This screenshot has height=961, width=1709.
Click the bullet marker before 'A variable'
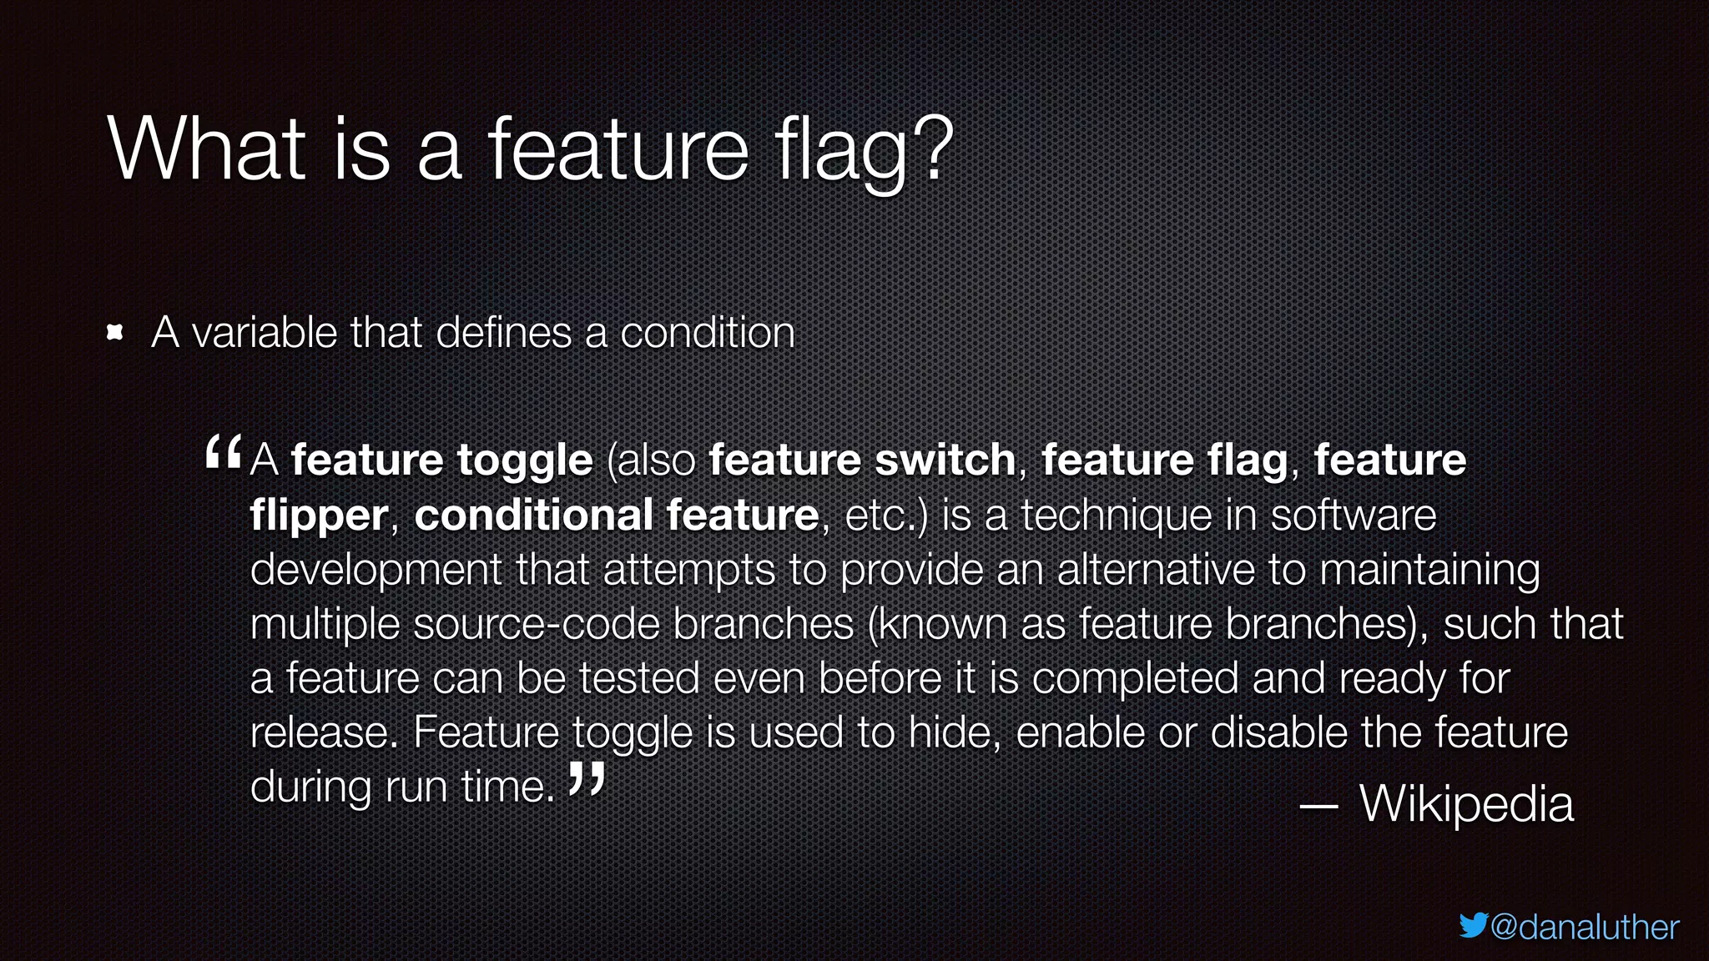[116, 334]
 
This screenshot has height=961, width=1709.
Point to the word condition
[707, 333]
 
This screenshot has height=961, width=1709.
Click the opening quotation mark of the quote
[223, 454]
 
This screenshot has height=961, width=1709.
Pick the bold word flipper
[319, 516]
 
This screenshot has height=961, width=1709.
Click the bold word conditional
[533, 514]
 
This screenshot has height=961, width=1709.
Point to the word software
[1353, 515]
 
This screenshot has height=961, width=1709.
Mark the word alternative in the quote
[1156, 570]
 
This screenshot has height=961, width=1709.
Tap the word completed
[1135, 677]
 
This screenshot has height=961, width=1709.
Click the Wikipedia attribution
[1466, 804]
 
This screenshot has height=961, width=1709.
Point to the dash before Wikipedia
[1319, 806]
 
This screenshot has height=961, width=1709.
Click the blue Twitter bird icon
[1473, 925]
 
